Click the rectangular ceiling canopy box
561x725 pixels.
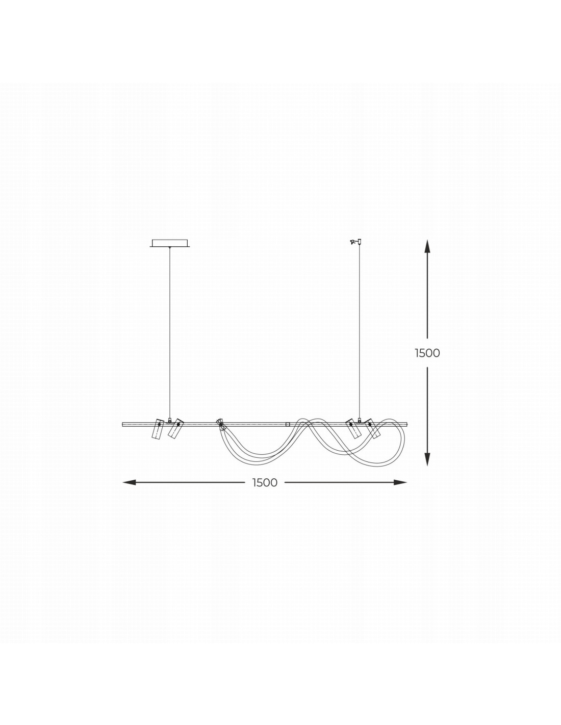coord(170,243)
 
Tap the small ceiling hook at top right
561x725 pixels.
coord(356,241)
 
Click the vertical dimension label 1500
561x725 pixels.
coord(427,353)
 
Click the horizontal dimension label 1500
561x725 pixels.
coord(265,482)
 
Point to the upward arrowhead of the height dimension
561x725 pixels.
coord(427,247)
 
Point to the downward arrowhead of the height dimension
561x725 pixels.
coord(427,458)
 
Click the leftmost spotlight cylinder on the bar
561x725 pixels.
coord(158,429)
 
